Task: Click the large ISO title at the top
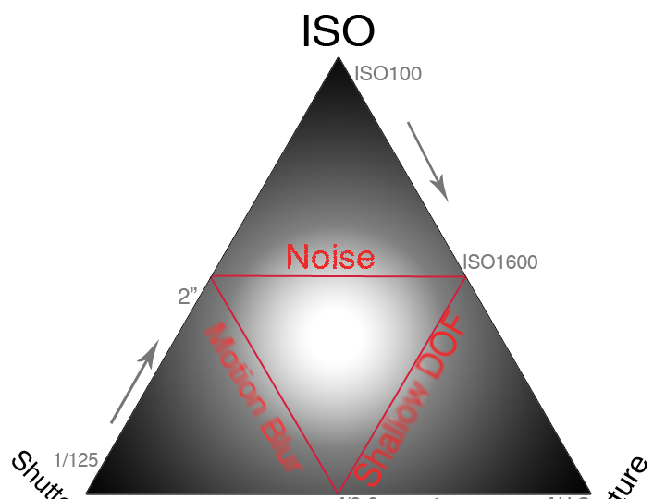tap(338, 31)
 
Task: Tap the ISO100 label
tap(388, 73)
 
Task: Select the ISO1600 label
tap(500, 262)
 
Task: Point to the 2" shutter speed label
tap(189, 297)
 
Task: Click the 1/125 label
tap(76, 459)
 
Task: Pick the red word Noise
tap(330, 256)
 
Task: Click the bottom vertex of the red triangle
tap(339, 493)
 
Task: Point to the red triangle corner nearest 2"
tap(213, 275)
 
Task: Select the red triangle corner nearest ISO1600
tap(464, 275)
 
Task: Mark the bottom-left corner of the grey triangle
tap(87, 493)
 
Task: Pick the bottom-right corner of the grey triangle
tap(591, 493)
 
